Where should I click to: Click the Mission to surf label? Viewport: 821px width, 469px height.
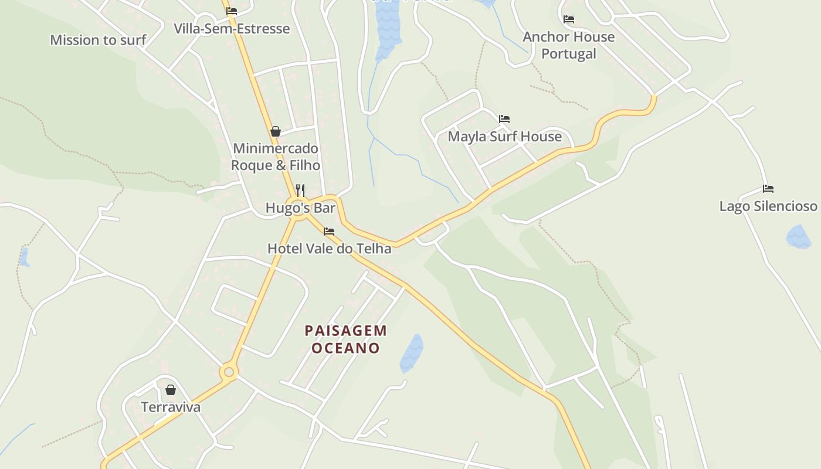click(98, 40)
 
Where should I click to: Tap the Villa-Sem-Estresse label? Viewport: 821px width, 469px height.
click(232, 29)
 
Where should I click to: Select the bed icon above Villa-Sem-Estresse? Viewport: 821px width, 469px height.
click(232, 11)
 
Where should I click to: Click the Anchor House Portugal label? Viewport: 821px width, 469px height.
click(568, 45)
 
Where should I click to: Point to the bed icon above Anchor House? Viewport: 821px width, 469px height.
click(569, 19)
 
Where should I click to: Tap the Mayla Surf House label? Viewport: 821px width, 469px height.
click(504, 137)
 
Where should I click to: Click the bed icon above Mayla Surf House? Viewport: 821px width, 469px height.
click(504, 119)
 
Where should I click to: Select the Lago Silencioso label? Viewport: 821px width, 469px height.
click(768, 206)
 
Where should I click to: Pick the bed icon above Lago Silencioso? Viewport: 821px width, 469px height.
click(768, 189)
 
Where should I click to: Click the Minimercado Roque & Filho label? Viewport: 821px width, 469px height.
click(276, 157)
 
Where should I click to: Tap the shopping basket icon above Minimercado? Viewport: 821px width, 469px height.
click(276, 131)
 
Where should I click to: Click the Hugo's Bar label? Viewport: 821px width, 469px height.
click(300, 208)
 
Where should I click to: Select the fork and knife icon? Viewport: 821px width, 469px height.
click(300, 191)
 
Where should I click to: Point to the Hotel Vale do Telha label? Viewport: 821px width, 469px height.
click(329, 249)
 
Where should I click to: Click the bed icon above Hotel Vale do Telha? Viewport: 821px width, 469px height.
click(329, 232)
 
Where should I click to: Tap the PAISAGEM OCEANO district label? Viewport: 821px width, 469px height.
click(346, 339)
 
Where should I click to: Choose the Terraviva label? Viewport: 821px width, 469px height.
click(171, 407)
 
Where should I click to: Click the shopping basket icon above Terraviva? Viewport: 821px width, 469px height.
click(171, 390)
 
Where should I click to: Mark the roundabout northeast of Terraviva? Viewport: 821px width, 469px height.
click(229, 372)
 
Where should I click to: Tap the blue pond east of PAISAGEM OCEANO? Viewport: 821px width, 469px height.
click(412, 353)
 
